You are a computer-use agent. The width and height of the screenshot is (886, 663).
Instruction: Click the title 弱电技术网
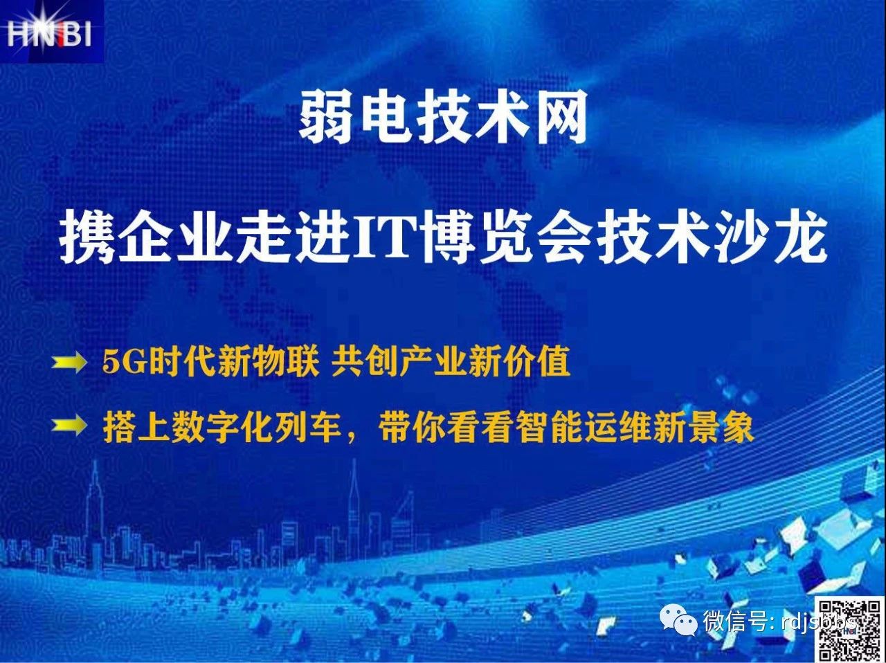tap(443, 118)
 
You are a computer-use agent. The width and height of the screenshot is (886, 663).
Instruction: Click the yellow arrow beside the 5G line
tap(69, 363)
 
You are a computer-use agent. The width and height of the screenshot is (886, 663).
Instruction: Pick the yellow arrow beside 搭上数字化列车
tap(69, 426)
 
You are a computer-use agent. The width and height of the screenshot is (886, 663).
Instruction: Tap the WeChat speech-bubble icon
tap(678, 621)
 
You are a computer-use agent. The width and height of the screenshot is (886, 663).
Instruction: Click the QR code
tap(849, 629)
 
